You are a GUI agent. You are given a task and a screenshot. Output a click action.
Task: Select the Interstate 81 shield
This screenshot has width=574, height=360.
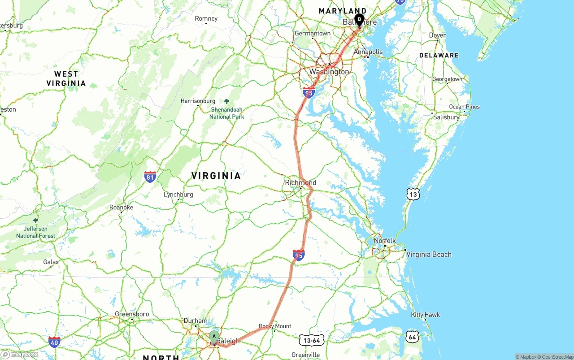150,177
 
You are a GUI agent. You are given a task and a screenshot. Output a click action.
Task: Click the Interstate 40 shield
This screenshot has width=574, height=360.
54,342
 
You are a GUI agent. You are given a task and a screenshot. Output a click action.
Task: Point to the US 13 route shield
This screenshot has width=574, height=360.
413,194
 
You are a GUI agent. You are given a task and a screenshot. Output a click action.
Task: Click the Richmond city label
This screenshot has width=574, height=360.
300,182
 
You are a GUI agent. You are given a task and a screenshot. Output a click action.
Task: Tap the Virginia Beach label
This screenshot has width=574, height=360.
429,254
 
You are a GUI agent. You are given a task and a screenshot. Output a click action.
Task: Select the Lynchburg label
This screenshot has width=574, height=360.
178,195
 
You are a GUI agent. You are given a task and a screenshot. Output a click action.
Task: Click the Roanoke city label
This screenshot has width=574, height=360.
121,208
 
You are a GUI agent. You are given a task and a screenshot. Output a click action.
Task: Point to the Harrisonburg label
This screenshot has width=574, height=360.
198,101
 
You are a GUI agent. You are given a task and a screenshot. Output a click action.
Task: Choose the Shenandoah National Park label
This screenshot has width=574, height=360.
227,113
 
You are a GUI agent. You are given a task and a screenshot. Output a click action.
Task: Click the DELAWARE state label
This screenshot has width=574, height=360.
439,55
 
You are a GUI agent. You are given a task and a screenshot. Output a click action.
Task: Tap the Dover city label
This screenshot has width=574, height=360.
437,35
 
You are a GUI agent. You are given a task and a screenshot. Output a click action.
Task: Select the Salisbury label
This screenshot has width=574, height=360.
446,117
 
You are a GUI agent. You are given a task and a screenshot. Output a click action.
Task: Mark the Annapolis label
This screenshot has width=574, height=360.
368,52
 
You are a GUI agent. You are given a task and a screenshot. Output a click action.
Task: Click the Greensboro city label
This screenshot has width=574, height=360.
132,314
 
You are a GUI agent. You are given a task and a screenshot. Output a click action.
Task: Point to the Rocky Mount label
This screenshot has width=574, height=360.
275,326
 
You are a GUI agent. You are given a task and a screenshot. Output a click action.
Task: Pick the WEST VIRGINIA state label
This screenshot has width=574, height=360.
66,78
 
